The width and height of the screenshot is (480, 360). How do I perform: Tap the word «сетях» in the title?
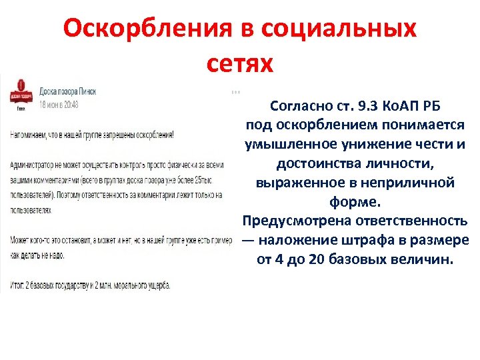coord(240,63)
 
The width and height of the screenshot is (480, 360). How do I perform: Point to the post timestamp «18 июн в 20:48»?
coord(59,104)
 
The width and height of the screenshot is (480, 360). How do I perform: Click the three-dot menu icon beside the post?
coord(235,91)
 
